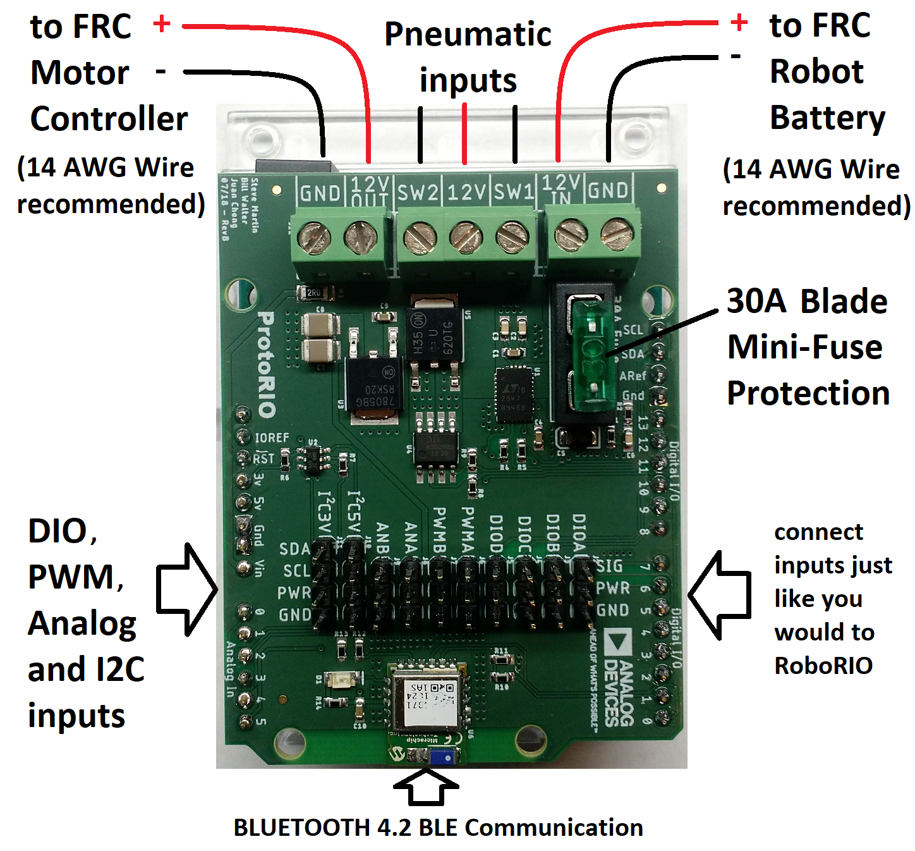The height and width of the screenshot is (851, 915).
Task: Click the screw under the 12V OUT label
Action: click(x=361, y=238)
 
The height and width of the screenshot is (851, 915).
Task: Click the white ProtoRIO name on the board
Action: click(x=267, y=364)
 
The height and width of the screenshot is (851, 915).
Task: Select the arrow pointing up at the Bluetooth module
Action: click(x=426, y=787)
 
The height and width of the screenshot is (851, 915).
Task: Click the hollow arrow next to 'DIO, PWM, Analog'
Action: click(x=187, y=589)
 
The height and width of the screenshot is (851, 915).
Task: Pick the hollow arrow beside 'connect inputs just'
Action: click(x=719, y=595)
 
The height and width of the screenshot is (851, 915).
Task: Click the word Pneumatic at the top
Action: click(x=468, y=35)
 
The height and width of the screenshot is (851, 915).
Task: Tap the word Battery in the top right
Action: click(x=827, y=118)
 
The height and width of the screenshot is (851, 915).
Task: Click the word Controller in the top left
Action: click(x=109, y=119)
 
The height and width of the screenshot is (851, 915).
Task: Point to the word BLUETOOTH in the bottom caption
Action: click(x=301, y=828)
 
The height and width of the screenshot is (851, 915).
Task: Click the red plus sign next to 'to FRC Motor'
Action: click(x=162, y=24)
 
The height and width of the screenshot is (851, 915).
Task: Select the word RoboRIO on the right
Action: click(x=823, y=666)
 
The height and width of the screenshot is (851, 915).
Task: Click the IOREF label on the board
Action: click(x=272, y=438)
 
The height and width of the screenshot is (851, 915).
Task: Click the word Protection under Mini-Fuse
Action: click(x=808, y=393)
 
